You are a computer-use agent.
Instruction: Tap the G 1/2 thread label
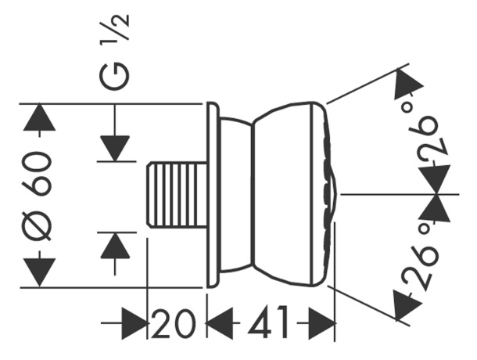(x=115, y=52)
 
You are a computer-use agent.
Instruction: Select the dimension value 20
(x=173, y=323)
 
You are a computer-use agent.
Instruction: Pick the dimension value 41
(x=268, y=322)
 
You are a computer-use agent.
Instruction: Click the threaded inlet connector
(x=176, y=196)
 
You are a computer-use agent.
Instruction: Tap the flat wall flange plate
(x=213, y=195)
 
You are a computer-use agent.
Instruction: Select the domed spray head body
(x=283, y=194)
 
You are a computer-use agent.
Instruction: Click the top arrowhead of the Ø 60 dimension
(x=39, y=117)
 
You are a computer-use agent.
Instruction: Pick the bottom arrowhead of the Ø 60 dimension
(x=39, y=272)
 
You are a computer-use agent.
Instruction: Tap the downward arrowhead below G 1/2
(x=115, y=149)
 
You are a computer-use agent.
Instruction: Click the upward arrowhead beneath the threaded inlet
(x=115, y=246)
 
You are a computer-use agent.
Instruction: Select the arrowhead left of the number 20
(x=134, y=323)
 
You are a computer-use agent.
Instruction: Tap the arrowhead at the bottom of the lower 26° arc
(x=407, y=304)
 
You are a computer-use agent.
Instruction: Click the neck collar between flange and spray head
(x=236, y=194)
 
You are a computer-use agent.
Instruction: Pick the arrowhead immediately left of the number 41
(x=220, y=323)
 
